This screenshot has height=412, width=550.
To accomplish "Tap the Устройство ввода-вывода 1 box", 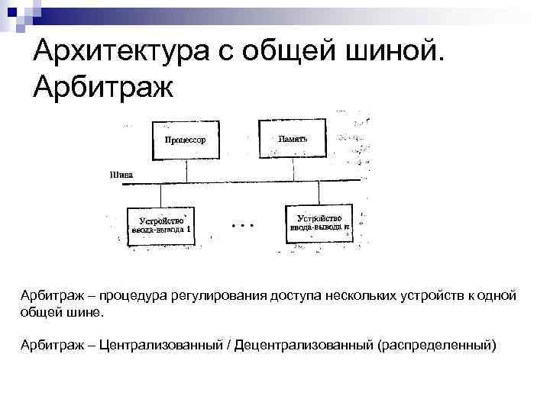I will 161,224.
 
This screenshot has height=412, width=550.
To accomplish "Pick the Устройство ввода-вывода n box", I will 320,222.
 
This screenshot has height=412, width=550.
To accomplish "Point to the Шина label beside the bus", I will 121,173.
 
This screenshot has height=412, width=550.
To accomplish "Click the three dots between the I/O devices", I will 241,226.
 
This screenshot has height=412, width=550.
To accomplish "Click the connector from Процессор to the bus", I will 186,169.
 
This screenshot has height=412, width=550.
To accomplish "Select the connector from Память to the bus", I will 293,169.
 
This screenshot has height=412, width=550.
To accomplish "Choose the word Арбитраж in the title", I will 104,87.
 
